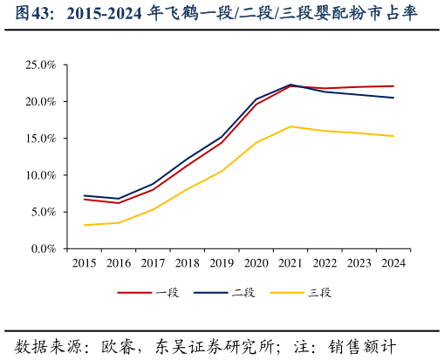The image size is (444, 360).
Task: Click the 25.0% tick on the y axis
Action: pyautogui.click(x=40, y=65)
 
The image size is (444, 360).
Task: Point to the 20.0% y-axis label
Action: pyautogui.click(x=40, y=102)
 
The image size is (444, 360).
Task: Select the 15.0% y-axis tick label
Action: pyautogui.click(x=40, y=139)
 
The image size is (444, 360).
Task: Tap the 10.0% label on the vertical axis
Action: pyautogui.click(x=40, y=175)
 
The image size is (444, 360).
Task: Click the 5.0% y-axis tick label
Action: pyautogui.click(x=43, y=212)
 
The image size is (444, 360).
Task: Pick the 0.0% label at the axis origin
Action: pyautogui.click(x=43, y=248)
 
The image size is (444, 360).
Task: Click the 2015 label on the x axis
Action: pyautogui.click(x=85, y=262)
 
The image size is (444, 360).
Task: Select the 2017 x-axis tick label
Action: pyautogui.click(x=154, y=262)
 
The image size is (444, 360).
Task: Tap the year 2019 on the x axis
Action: pyautogui.click(x=222, y=262)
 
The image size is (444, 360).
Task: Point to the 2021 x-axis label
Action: pyautogui.click(x=290, y=262)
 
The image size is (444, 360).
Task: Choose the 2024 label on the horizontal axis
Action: pyautogui.click(x=393, y=262)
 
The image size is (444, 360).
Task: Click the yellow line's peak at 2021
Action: pyautogui.click(x=290, y=126)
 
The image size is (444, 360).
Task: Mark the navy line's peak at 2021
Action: pyautogui.click(x=290, y=85)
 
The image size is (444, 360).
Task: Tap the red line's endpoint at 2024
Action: pyautogui.click(x=393, y=86)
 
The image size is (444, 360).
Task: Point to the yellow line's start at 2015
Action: pyautogui.click(x=85, y=225)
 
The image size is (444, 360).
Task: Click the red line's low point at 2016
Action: pyautogui.click(x=119, y=203)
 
